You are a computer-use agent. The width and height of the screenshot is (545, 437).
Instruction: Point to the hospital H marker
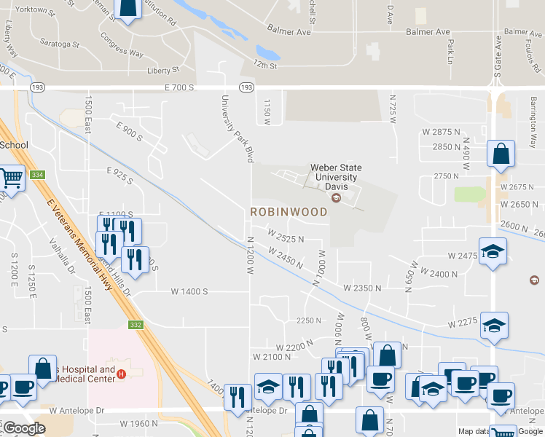122,374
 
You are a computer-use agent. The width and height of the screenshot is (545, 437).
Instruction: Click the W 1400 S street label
189,291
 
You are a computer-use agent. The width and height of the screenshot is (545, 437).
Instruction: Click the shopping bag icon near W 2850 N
501,154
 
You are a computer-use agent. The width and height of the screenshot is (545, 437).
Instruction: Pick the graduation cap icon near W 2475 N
493,252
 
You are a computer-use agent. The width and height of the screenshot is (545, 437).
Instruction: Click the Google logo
23,428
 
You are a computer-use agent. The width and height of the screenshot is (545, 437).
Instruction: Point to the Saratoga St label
60,44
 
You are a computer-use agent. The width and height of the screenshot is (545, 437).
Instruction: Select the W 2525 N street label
286,238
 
